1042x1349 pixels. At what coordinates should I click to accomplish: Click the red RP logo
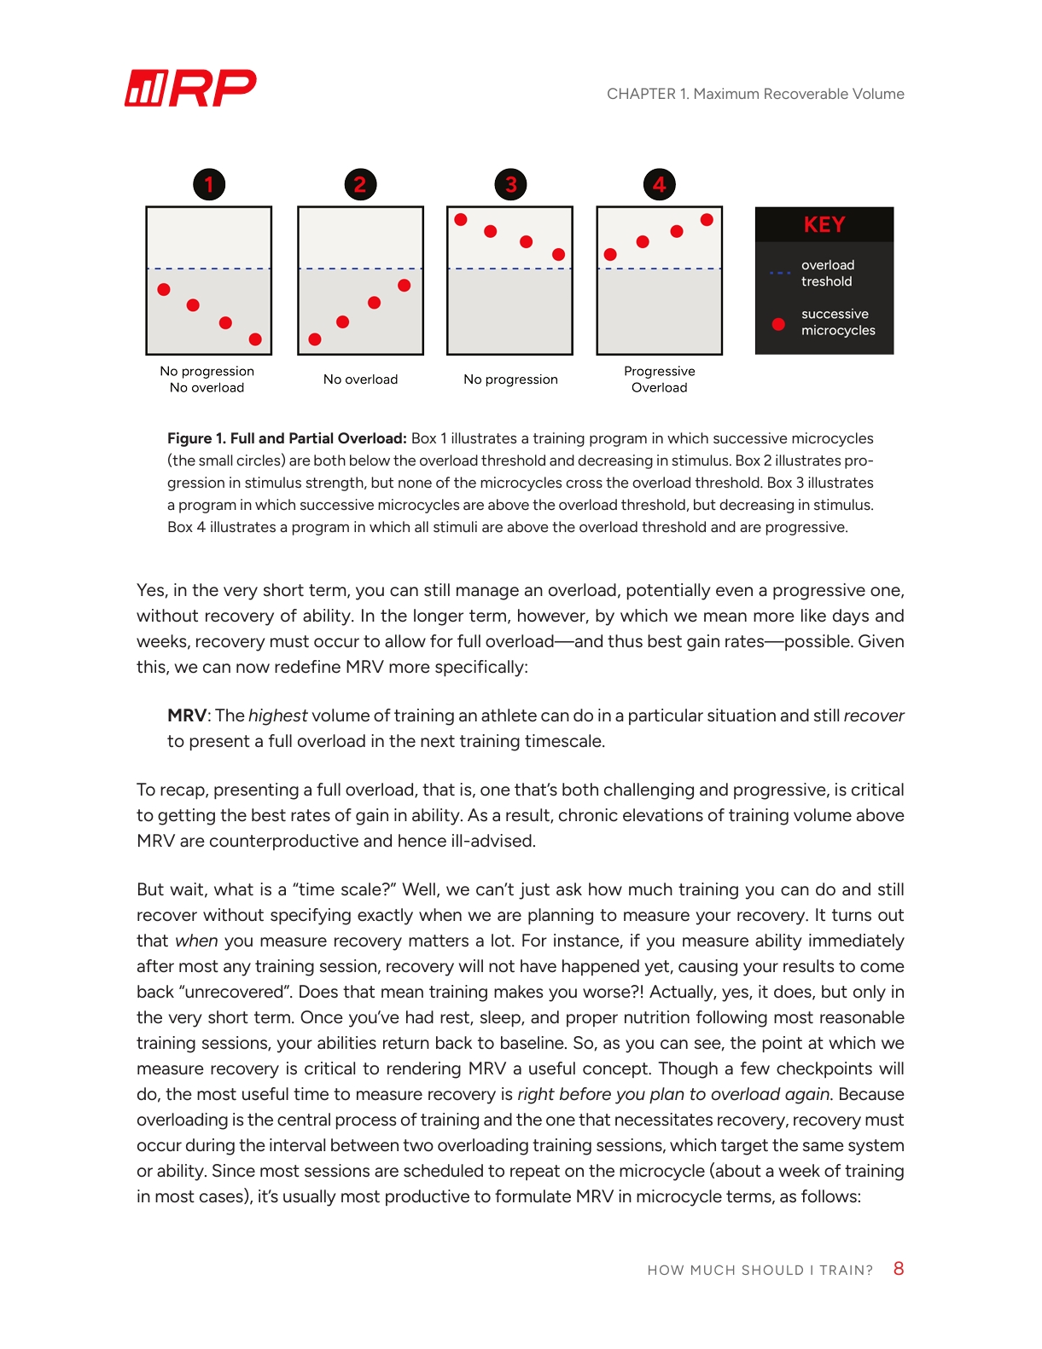(190, 88)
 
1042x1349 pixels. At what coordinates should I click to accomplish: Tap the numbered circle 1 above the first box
(209, 184)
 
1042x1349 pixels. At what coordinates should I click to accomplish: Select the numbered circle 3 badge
(510, 184)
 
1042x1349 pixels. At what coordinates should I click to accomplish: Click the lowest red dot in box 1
(255, 339)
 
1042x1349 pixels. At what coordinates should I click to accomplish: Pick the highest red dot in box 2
(405, 285)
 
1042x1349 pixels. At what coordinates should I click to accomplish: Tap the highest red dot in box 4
(707, 219)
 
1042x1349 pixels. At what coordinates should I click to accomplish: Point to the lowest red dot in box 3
(558, 254)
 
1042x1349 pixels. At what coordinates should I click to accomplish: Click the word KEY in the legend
(824, 225)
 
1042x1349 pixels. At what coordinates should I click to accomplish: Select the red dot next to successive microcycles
(778, 324)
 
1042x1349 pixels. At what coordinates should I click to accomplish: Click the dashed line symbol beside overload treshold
(779, 273)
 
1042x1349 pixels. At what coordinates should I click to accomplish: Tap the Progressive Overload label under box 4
(659, 379)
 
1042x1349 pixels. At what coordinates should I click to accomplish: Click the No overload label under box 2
(360, 379)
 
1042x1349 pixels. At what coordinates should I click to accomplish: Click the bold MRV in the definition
(187, 715)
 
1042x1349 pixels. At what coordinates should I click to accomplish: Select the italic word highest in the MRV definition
(277, 715)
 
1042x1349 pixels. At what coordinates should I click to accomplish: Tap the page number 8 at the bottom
(898, 1269)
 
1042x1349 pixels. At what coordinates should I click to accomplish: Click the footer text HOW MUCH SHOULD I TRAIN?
(760, 1271)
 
